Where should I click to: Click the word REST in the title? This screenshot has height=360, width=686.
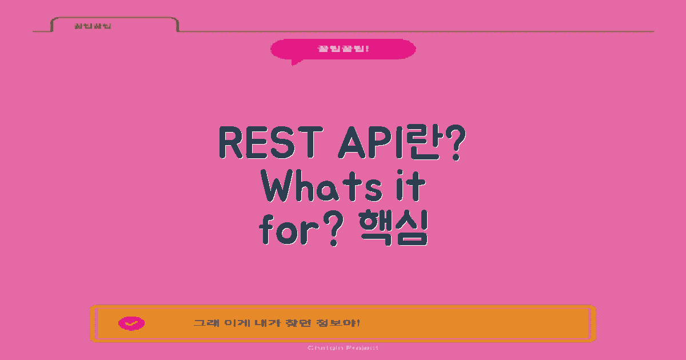coord(268,143)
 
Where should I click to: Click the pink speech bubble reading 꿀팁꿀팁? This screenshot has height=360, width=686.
coord(343,49)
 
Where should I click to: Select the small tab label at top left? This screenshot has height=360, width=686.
coord(93,26)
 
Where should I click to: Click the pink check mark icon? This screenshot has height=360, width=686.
coord(131,323)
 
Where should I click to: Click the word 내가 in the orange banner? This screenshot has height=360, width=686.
coord(264,323)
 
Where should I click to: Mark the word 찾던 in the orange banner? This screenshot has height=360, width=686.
coord(296,323)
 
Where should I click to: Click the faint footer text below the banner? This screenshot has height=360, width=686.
coord(342,347)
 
